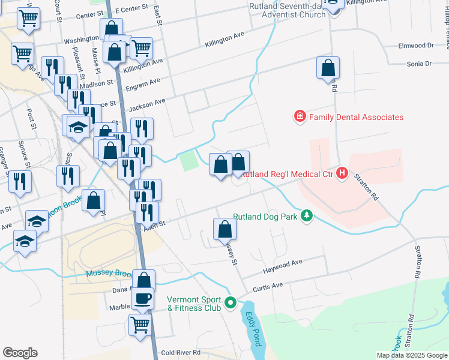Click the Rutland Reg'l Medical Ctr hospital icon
click(342, 173)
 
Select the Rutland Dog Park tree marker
click(307, 215)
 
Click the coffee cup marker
click(142, 298)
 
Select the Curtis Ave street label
click(268, 286)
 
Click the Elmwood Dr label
click(416, 46)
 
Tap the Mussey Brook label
click(108, 274)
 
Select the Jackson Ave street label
click(147, 103)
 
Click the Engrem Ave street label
click(146, 82)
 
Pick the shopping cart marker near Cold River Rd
click(140, 325)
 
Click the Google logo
click(20, 353)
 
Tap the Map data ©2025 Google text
click(412, 355)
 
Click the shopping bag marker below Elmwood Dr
click(328, 68)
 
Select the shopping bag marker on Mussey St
click(224, 229)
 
